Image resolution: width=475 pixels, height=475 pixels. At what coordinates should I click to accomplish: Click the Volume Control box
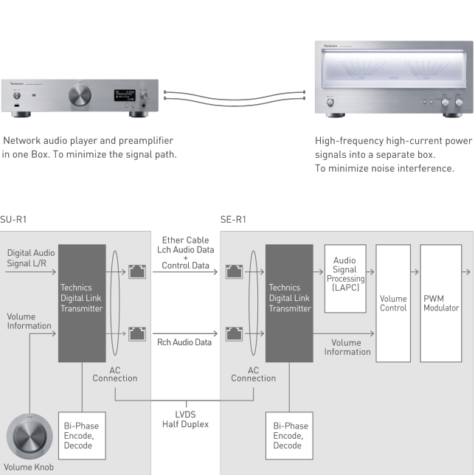(393, 302)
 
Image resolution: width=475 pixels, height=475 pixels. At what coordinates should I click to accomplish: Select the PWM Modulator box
(441, 302)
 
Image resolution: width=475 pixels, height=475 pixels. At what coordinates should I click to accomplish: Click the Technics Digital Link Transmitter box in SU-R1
(82, 302)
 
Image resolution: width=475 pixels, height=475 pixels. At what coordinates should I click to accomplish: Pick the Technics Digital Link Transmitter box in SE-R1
(289, 302)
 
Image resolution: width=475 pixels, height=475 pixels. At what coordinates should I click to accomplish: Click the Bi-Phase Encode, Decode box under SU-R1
(82, 435)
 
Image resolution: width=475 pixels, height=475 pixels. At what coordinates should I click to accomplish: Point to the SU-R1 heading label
(13, 219)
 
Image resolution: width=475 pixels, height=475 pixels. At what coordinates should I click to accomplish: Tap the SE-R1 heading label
(233, 219)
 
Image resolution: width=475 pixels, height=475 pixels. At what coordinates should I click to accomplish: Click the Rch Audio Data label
(184, 342)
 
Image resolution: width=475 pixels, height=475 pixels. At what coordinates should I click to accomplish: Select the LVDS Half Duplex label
(185, 419)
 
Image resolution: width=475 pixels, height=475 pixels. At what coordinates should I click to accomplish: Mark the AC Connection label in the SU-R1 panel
(115, 374)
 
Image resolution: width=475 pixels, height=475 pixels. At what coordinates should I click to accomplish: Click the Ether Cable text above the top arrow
(185, 240)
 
